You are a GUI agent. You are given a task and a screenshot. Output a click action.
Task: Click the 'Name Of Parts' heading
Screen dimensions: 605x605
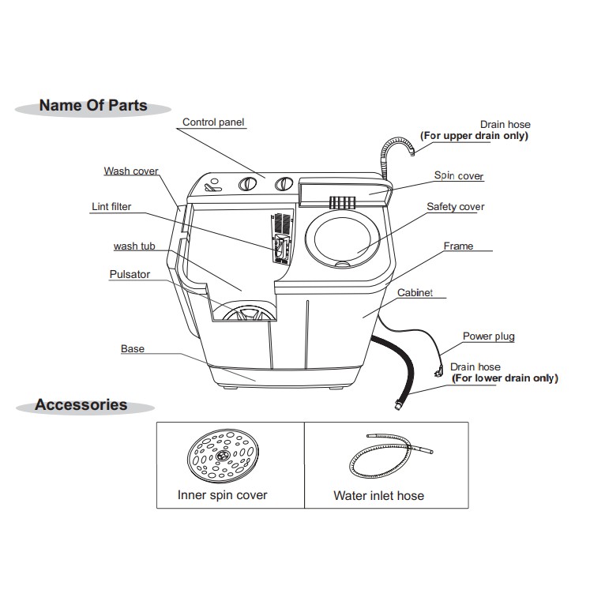click(93, 106)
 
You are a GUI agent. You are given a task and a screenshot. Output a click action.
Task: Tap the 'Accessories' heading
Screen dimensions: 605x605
click(81, 405)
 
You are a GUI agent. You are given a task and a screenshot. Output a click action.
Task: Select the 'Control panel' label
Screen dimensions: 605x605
click(213, 122)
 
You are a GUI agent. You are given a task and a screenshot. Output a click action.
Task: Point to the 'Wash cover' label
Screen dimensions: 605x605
click(131, 171)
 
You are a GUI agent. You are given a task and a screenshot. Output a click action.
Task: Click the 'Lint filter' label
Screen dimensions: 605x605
click(111, 207)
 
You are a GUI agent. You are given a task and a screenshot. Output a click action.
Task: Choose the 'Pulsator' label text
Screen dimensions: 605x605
click(130, 275)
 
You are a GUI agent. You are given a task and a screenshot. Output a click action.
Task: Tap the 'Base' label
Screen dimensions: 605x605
click(133, 348)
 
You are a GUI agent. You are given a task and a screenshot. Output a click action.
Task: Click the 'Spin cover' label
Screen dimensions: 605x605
click(459, 176)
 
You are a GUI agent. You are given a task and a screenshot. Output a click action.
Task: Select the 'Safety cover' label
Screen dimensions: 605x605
click(456, 207)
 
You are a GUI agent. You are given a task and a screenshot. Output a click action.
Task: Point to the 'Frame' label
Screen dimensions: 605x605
click(458, 246)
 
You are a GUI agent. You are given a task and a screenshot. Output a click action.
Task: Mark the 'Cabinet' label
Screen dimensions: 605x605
click(415, 293)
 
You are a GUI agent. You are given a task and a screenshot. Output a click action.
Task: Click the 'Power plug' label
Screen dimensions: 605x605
click(488, 336)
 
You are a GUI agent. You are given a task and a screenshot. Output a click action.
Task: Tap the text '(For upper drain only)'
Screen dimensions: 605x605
click(474, 136)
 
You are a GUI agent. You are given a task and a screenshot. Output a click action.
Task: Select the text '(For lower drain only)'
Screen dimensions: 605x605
click(504, 378)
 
